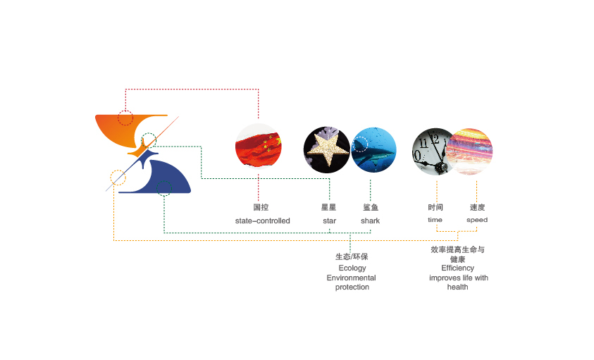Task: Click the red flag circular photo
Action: coord(258,147)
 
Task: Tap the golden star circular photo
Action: coord(327,149)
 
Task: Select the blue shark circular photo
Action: coord(373,149)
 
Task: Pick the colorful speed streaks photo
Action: coord(469,150)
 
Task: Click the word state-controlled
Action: coord(262,221)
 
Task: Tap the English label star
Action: coord(329,221)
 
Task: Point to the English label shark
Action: coord(370,221)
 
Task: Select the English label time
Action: coord(435,220)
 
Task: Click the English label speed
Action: coord(477,220)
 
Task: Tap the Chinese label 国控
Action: coord(261,207)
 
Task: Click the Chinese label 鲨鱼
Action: coord(371,207)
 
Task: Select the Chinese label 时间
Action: coord(435,207)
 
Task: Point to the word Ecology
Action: coord(352,268)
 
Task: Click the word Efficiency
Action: coord(458,268)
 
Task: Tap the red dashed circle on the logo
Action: coord(125,118)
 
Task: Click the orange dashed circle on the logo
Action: coord(118,178)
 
